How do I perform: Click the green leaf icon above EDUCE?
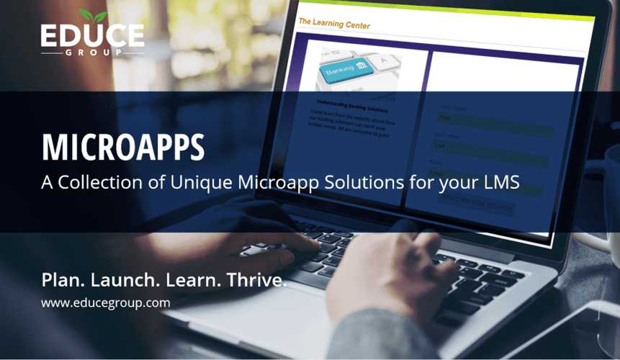click(x=93, y=15)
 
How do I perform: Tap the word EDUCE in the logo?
click(x=92, y=37)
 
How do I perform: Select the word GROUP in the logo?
click(x=92, y=53)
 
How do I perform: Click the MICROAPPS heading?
click(x=122, y=146)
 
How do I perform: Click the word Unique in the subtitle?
click(x=196, y=182)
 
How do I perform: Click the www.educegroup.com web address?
click(x=105, y=303)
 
